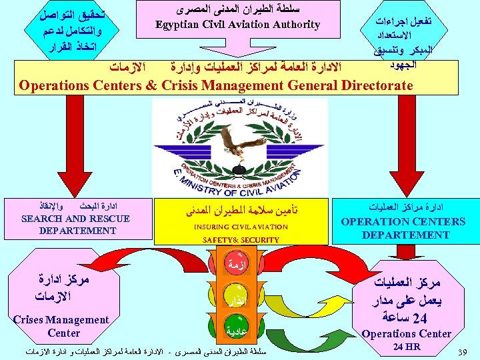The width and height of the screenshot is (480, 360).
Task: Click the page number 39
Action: click(466, 351)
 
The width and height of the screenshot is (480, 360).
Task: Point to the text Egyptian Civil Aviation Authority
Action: click(237, 25)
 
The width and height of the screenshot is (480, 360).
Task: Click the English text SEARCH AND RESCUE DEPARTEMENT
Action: click(76, 225)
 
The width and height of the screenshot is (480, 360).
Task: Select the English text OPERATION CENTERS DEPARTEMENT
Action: click(404, 228)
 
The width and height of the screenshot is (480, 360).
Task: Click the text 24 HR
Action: click(406, 347)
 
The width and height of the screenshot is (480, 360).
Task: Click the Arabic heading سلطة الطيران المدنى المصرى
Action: click(237, 11)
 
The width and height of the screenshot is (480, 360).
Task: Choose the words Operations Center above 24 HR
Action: click(406, 333)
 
